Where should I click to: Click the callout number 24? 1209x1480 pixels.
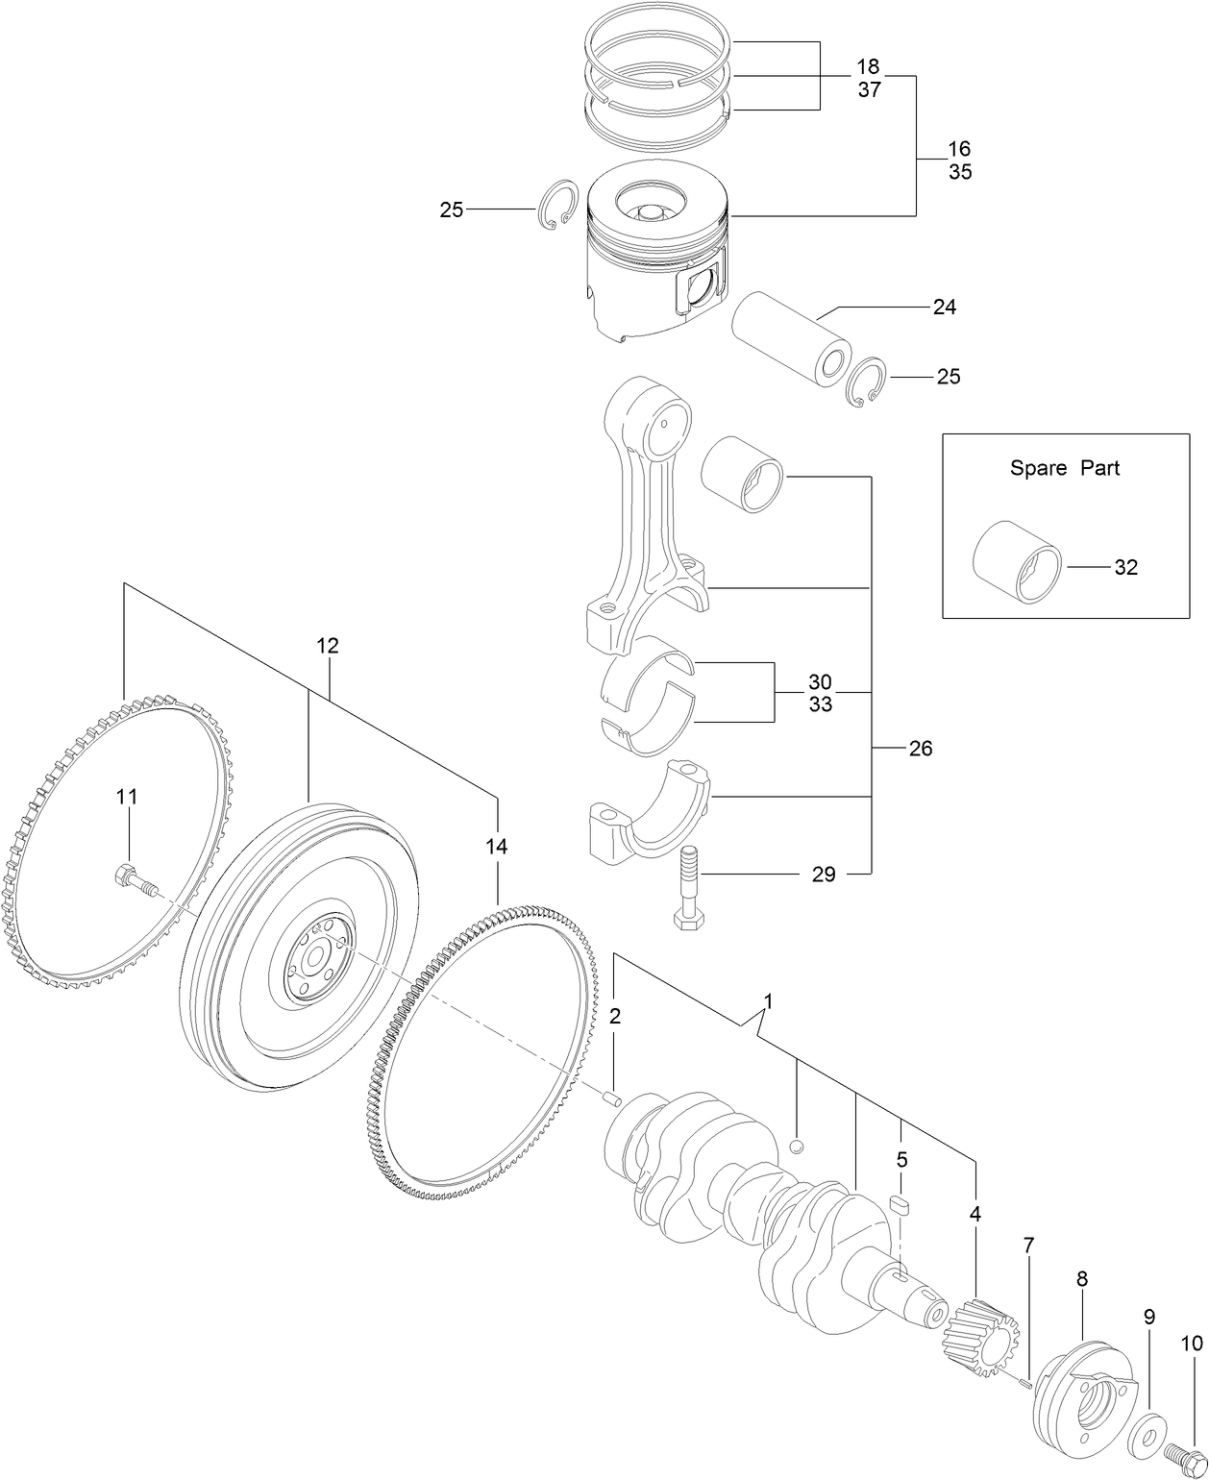(x=944, y=308)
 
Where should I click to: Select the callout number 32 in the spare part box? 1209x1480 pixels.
(x=1125, y=568)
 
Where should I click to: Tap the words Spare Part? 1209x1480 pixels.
(x=1064, y=469)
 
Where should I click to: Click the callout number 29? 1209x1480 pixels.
(x=823, y=875)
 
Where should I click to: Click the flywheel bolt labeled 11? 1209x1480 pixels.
(x=133, y=879)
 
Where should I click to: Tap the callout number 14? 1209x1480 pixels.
(x=496, y=847)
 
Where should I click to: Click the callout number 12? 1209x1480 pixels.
(x=328, y=646)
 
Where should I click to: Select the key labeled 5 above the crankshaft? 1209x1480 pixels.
(x=900, y=1205)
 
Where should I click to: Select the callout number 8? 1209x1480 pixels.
(x=1081, y=1279)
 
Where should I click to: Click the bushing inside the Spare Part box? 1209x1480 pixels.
(x=1017, y=565)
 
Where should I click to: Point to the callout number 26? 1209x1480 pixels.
(x=920, y=749)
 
